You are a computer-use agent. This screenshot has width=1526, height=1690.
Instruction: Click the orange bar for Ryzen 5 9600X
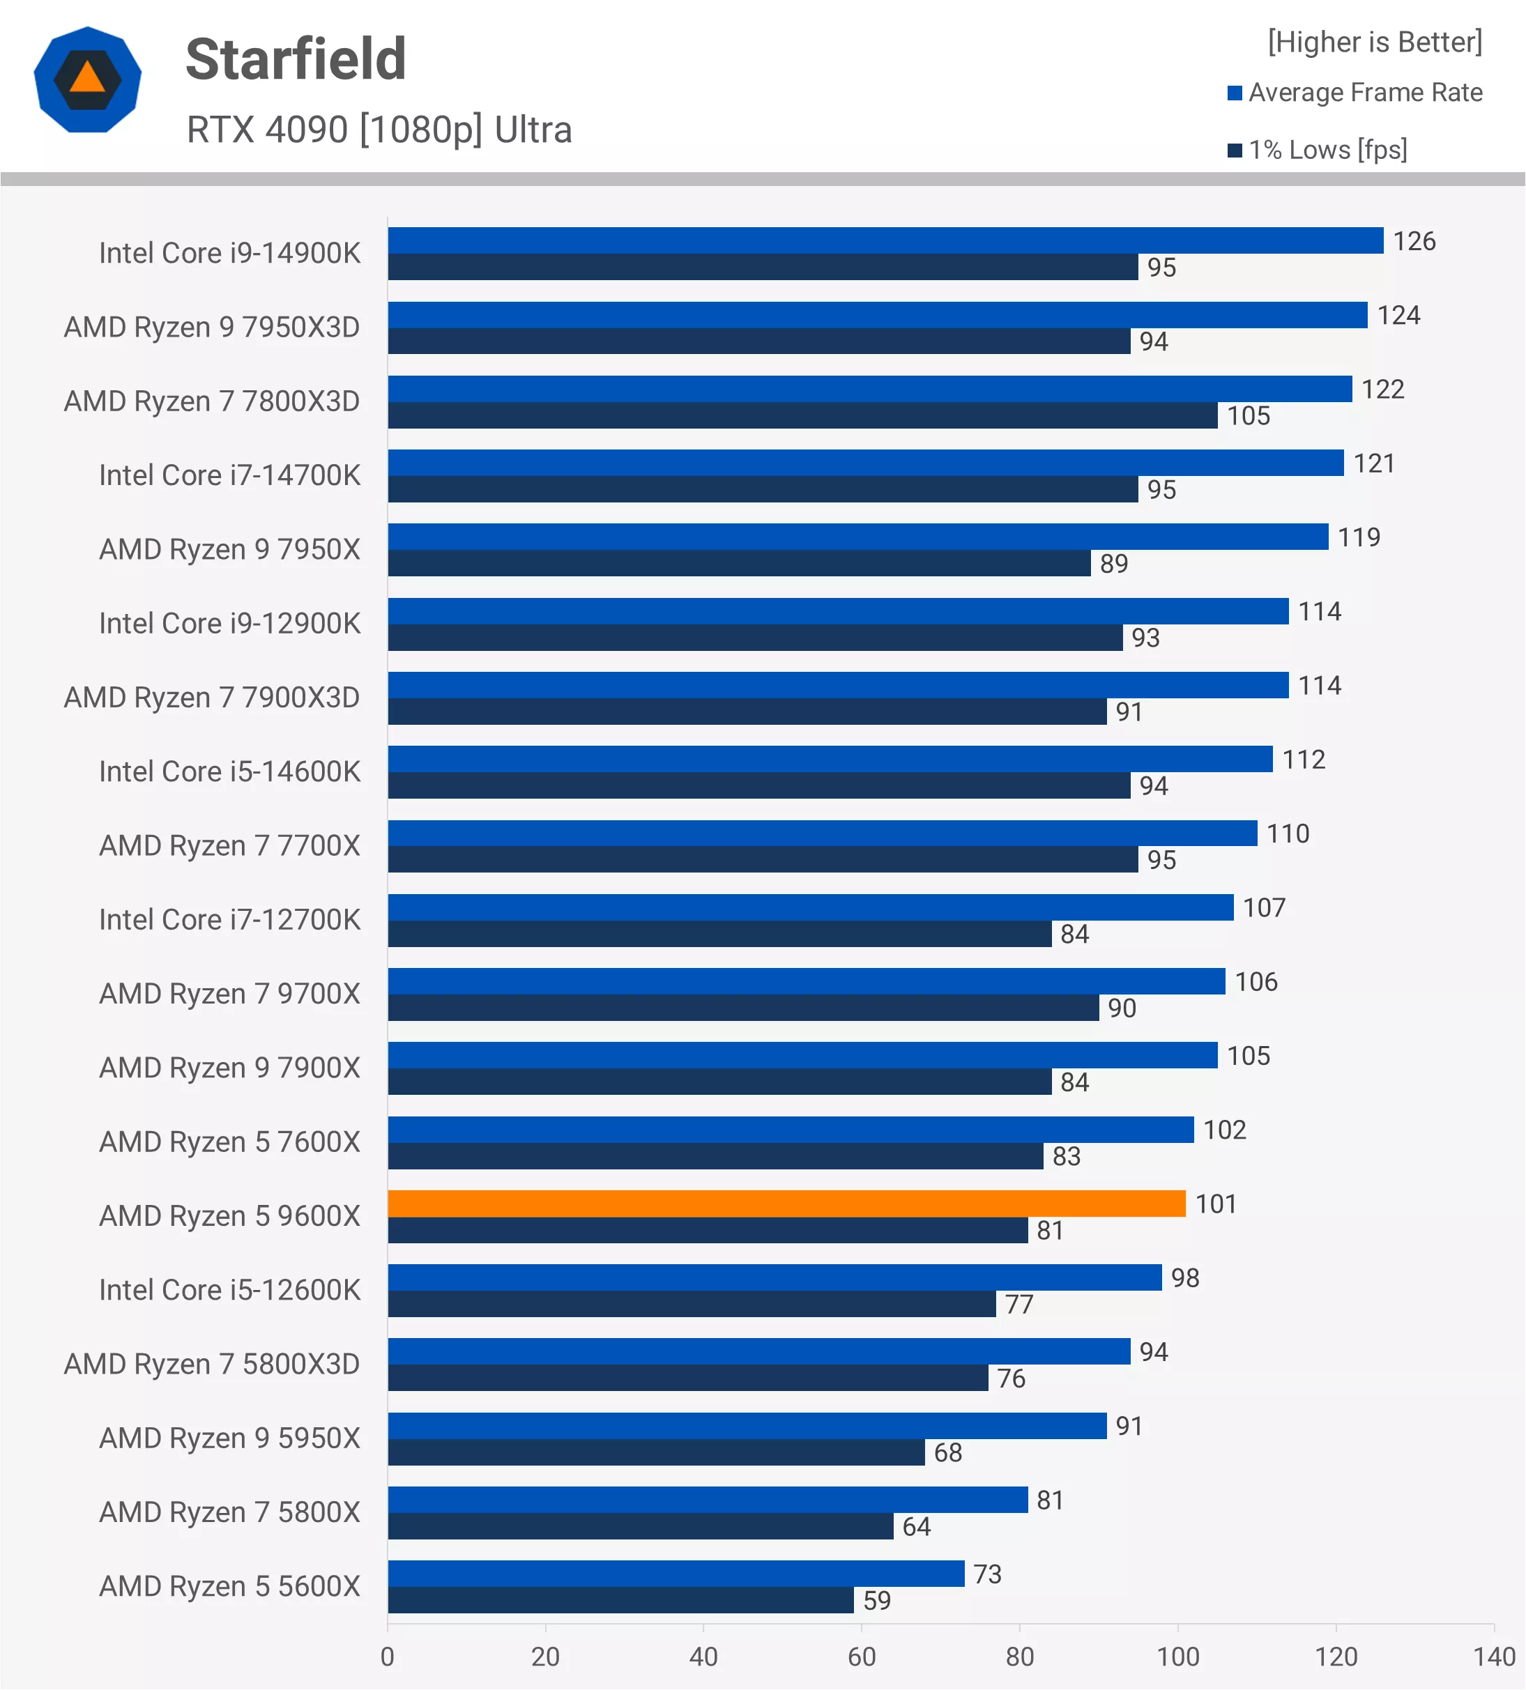click(x=786, y=1204)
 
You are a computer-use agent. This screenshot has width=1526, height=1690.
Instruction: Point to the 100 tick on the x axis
click(x=1178, y=1657)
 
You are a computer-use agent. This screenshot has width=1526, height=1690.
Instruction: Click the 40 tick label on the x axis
click(x=703, y=1657)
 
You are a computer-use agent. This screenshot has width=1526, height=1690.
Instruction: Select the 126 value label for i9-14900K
click(x=1414, y=241)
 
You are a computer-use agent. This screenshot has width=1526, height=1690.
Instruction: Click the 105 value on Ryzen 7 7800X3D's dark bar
click(x=1249, y=416)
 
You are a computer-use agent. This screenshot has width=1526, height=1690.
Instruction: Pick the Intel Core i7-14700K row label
click(x=229, y=475)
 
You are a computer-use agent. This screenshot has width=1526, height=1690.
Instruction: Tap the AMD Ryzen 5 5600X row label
click(x=229, y=1586)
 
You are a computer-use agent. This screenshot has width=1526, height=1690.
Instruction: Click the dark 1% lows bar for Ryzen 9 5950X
click(x=656, y=1452)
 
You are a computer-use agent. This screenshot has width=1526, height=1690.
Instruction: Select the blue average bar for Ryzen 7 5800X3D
click(x=758, y=1351)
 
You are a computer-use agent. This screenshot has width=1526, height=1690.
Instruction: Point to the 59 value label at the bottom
click(x=877, y=1600)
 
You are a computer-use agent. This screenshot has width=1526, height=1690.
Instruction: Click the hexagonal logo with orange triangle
click(x=87, y=79)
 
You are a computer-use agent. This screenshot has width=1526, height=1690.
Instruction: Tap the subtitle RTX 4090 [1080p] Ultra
click(x=379, y=130)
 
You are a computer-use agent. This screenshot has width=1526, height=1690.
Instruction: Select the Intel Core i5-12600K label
click(x=229, y=1290)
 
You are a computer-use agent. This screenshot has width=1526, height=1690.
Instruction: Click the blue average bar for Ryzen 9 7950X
click(x=857, y=537)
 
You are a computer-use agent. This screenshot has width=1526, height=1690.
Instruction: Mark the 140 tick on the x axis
click(x=1494, y=1657)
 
